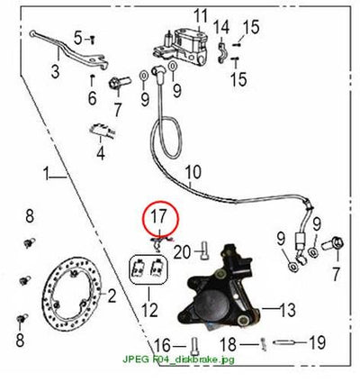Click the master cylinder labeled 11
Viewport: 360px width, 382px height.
(182, 47)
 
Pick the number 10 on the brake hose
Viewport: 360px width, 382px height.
(193, 173)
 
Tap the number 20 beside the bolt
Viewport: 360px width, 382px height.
(182, 252)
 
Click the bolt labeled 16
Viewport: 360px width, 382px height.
(194, 346)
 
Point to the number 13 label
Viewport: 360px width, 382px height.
(287, 309)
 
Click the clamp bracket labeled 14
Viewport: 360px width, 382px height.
(222, 53)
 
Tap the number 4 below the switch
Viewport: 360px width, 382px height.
(101, 152)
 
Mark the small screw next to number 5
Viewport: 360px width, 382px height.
(93, 39)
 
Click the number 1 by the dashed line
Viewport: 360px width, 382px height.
(46, 174)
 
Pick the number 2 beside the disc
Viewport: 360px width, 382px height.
(112, 296)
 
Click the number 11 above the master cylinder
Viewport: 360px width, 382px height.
(200, 15)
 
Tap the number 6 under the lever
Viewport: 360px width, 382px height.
(92, 97)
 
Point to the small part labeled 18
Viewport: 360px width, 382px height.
(263, 344)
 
